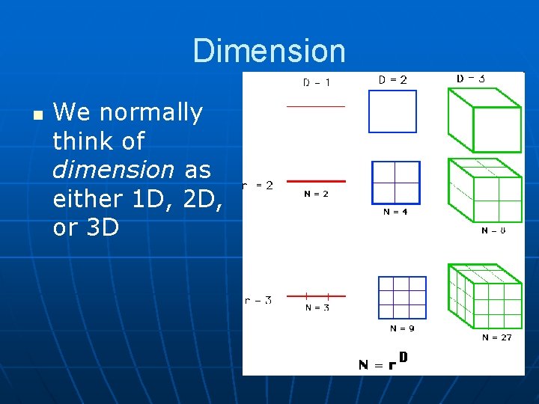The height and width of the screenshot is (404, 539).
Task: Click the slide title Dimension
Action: [x=269, y=51]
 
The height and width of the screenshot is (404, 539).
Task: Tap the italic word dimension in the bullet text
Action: [x=113, y=170]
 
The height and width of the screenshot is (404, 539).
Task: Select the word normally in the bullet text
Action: [x=151, y=113]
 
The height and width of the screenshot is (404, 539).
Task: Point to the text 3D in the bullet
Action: [x=103, y=227]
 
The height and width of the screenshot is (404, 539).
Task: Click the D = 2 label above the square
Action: [x=393, y=80]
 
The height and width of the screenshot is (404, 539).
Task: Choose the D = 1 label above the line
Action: [x=317, y=82]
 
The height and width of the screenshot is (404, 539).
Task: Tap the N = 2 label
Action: [x=316, y=194]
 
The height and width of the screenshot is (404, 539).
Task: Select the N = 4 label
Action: [x=395, y=212]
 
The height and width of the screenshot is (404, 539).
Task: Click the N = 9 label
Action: [x=402, y=328]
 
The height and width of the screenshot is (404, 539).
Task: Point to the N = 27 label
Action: [x=497, y=337]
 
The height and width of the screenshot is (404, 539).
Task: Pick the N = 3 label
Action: [x=316, y=307]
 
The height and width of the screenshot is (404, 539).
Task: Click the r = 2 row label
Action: [x=259, y=185]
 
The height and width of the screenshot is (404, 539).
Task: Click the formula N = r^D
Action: [x=383, y=364]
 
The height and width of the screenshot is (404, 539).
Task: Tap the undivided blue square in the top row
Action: [x=392, y=111]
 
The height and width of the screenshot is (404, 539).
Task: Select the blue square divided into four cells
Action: [x=396, y=183]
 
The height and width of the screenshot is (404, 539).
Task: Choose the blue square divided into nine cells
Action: [x=402, y=298]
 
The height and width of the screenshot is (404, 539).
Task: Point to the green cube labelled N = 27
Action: [x=484, y=296]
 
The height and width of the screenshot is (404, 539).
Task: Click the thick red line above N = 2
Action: [x=317, y=181]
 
